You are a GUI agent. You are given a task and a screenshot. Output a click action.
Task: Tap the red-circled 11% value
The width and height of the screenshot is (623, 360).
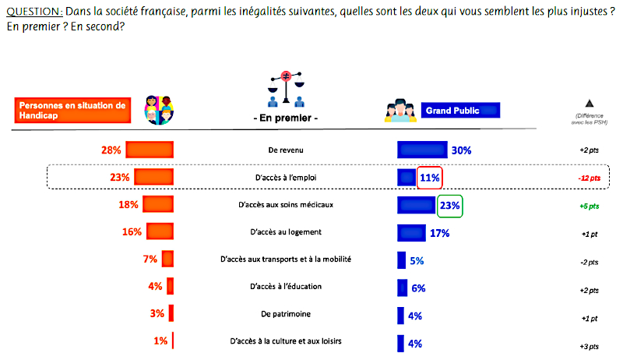[431, 178]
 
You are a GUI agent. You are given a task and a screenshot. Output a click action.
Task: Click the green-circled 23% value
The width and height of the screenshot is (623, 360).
[450, 206]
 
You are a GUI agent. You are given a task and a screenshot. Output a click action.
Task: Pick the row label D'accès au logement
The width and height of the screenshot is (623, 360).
[287, 231]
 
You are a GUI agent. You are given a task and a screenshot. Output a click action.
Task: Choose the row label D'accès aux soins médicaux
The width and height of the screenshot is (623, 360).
[287, 206]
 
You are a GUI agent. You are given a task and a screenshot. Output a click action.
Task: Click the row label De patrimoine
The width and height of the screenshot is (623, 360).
[287, 314]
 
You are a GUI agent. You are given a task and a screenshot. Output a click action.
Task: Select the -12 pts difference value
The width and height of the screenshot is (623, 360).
[589, 178]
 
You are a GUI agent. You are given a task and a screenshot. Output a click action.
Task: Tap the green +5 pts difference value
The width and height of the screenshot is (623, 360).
[589, 206]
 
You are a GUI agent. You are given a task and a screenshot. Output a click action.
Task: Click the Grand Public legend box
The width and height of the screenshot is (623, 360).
[460, 111]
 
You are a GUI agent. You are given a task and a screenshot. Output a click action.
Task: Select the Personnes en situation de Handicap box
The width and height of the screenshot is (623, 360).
[71, 110]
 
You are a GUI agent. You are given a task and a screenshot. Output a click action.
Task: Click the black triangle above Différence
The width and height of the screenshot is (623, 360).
[589, 104]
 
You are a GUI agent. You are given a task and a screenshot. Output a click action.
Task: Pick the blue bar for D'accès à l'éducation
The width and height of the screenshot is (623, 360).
[403, 288]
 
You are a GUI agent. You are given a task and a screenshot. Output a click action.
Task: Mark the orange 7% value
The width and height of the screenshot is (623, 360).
[150, 259]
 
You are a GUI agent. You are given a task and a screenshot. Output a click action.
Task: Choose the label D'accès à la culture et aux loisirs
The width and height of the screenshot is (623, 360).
[287, 341]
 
